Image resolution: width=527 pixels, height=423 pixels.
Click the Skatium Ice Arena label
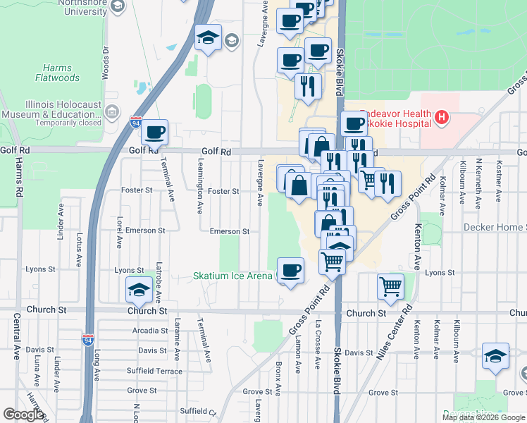coord(232,276)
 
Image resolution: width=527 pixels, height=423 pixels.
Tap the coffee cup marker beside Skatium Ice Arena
coord(290,269)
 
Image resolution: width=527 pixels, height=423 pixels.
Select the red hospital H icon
coord(442,117)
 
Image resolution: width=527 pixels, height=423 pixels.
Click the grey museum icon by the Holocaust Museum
coord(112,112)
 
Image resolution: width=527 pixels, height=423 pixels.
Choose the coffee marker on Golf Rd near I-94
coord(155,131)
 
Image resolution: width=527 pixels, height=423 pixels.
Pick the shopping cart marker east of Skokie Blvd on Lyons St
coord(390,286)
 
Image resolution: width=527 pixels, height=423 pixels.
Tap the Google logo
coord(23,415)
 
